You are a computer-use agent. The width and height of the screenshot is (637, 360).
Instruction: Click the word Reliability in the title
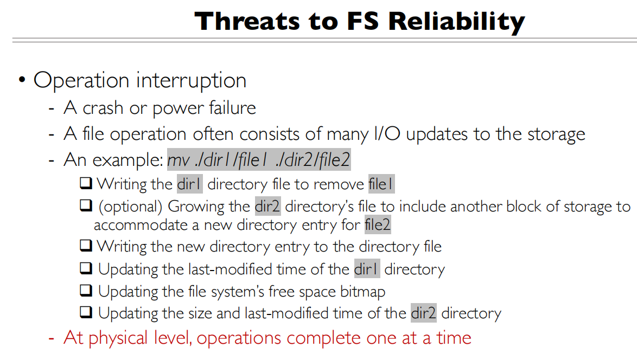pos(457,21)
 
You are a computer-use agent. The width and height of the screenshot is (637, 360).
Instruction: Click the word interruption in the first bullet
pos(192,80)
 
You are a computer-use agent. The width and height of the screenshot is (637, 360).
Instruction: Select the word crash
pos(103,108)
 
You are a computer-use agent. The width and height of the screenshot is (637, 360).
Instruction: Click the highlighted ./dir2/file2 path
pos(313,160)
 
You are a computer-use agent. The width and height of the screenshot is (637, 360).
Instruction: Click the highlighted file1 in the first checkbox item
pos(380,184)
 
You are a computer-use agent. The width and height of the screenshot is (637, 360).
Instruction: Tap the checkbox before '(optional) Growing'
pos(86,205)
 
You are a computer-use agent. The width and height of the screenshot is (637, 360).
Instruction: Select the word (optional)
pos(130,207)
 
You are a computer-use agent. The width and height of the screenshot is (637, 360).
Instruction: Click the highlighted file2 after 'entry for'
pos(378,225)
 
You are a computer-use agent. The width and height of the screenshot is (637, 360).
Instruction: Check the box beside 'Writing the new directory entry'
pos(86,245)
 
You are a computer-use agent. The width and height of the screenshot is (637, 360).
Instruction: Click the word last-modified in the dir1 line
pos(231,269)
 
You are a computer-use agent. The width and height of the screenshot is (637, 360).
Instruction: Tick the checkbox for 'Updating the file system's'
pos(86,290)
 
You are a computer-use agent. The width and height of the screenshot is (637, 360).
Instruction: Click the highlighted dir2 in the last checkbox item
pos(423,313)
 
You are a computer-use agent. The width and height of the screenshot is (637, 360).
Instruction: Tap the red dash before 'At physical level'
pos(52,338)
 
